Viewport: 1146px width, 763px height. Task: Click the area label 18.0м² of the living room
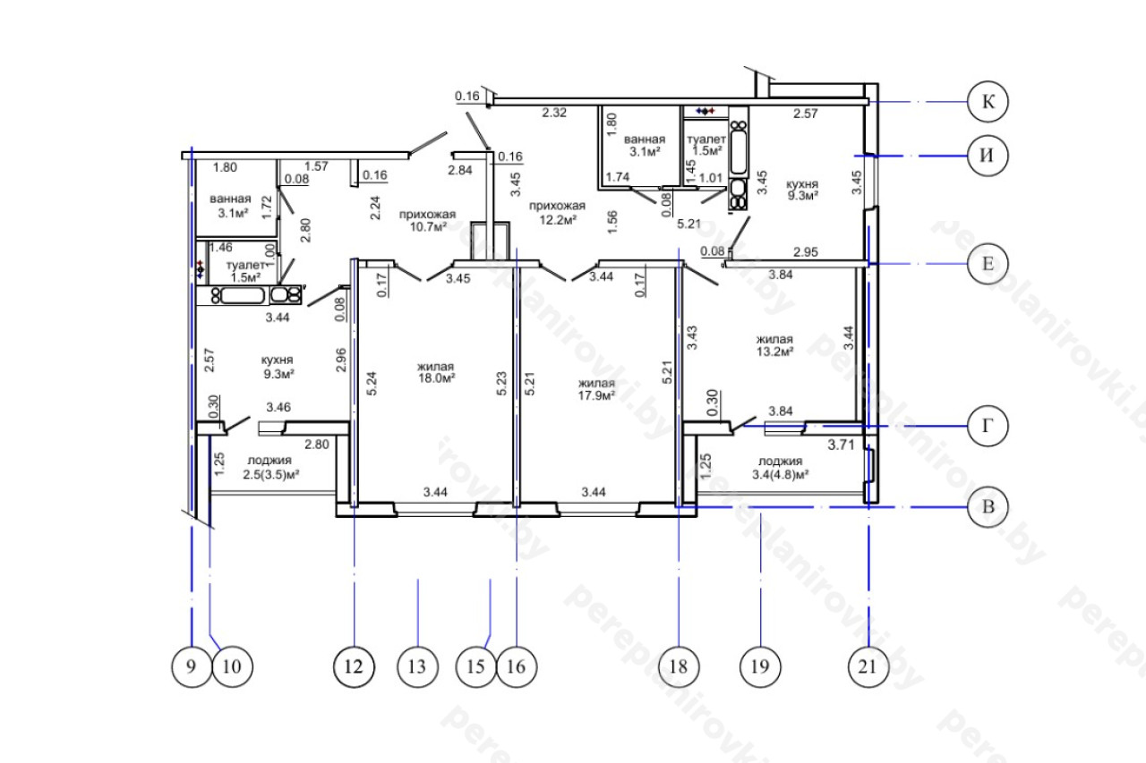click(437, 378)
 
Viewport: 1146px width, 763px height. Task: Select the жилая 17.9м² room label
click(596, 389)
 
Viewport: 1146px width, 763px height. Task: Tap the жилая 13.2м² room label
click(775, 345)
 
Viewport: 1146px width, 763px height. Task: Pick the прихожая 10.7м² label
click(427, 220)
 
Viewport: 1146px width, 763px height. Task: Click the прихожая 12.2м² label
click(557, 213)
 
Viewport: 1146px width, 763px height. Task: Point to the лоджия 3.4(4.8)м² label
click(780, 468)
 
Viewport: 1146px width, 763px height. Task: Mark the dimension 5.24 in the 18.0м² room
click(372, 383)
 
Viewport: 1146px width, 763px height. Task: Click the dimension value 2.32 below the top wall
click(554, 113)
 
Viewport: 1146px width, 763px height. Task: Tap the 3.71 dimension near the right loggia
click(841, 445)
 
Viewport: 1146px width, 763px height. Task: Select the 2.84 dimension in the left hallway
click(460, 170)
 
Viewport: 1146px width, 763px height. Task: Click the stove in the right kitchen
click(739, 195)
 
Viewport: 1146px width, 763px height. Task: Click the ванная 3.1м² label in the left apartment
click(231, 206)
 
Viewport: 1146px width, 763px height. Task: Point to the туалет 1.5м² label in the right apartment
click(706, 145)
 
